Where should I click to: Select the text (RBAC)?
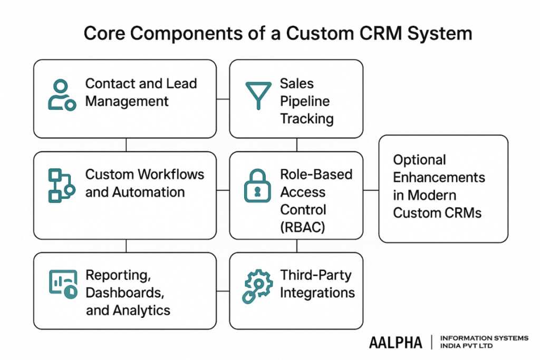[303, 227]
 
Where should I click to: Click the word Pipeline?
[305, 101]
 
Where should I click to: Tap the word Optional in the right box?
[420, 160]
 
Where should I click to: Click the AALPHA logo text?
[396, 343]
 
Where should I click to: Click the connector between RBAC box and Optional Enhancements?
[371, 190]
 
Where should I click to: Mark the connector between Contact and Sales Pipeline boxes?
[223, 99]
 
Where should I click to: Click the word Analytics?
[142, 310]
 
